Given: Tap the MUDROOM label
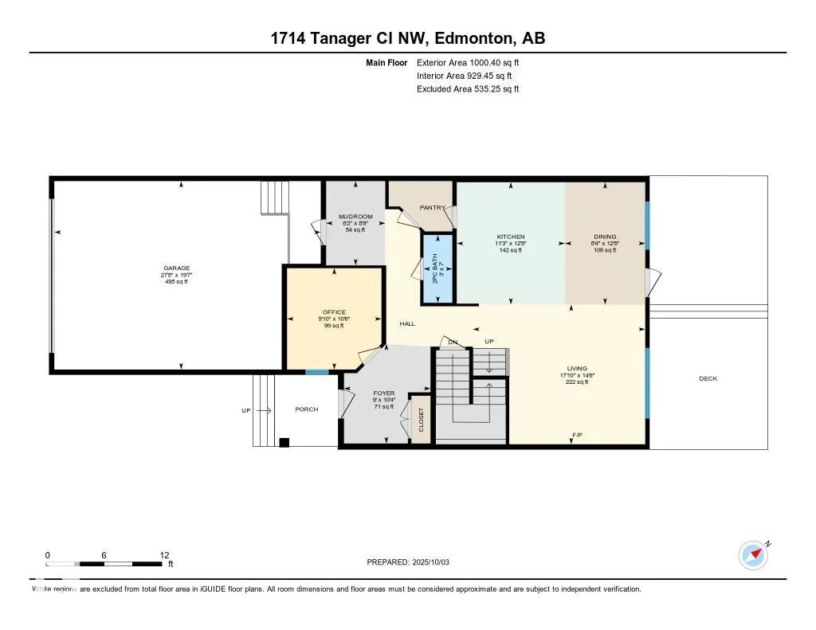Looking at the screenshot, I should (355, 217).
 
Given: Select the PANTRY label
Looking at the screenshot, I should (433, 208).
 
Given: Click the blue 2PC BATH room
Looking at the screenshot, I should (437, 269).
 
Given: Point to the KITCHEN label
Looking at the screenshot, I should (511, 237).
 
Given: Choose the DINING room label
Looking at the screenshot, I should (604, 237).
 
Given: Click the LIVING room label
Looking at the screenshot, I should (577, 369).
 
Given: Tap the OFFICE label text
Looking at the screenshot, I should (334, 312).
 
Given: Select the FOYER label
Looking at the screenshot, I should (384, 393).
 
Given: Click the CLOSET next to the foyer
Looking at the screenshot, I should (422, 420).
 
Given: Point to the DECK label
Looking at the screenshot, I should (708, 378).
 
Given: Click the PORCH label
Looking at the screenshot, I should (306, 409).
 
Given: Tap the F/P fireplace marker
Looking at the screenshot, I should (577, 435).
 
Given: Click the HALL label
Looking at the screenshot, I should (407, 323).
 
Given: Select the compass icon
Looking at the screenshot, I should (752, 554).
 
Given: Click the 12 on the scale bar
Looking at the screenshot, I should (164, 555).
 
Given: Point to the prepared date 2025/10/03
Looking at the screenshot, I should (436, 562).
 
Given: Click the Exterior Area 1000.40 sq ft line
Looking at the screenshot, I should (468, 62).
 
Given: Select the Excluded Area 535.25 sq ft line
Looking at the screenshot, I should (468, 89).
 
